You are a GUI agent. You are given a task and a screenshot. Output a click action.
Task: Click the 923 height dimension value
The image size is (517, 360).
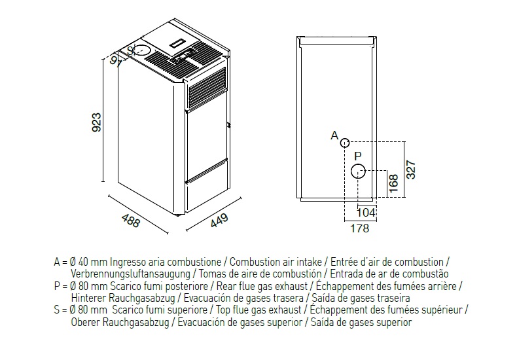pos(97,122)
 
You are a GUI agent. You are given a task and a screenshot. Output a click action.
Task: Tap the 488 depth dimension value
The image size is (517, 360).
pos(131,221)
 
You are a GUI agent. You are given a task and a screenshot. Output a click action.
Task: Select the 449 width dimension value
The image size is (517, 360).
pos(219,221)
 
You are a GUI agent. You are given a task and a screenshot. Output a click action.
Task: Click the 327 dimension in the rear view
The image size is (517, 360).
pos(411,170)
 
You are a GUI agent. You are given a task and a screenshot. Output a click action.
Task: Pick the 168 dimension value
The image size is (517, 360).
pos(393,184)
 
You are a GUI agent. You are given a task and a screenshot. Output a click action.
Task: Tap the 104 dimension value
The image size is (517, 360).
pos(366,213)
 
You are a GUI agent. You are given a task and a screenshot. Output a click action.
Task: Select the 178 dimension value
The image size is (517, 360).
pos(359,228)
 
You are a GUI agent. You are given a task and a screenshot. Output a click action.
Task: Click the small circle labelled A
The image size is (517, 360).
pos(344,143)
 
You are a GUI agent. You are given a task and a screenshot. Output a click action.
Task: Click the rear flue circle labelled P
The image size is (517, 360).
pos(358,171)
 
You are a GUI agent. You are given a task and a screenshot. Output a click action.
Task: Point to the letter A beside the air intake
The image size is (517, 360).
pos(334,135)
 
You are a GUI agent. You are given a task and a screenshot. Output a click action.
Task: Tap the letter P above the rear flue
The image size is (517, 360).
pos(358,156)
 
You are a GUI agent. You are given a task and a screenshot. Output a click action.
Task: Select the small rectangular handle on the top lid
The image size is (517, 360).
pos(179,43)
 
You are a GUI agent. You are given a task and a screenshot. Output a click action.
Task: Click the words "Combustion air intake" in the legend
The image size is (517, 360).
pos(276,262)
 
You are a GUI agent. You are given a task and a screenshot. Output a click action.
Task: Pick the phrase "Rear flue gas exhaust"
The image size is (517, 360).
pos(262,286)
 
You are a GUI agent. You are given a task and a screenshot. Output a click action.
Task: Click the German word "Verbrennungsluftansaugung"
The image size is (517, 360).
pos(131,274)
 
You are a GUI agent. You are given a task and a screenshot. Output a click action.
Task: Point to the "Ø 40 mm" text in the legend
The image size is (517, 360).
pos(88,262)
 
